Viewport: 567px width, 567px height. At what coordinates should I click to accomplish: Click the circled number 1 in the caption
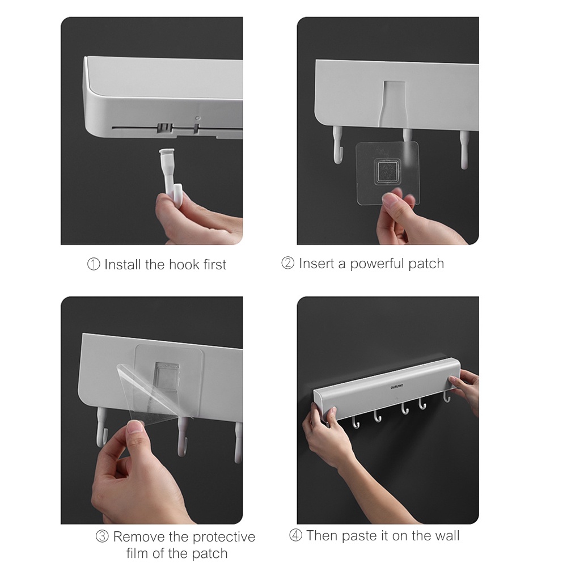click(94, 265)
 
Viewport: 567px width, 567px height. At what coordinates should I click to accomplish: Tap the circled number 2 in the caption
click(288, 264)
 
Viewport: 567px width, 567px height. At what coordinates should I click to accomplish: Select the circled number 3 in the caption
click(102, 537)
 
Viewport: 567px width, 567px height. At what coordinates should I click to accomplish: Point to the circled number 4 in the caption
click(296, 536)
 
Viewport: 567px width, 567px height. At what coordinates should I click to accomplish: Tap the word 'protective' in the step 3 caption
click(224, 537)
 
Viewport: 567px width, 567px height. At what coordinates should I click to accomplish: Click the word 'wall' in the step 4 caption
click(446, 536)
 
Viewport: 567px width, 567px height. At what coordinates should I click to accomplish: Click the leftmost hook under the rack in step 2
click(338, 146)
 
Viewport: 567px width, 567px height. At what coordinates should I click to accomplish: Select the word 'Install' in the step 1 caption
click(122, 265)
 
